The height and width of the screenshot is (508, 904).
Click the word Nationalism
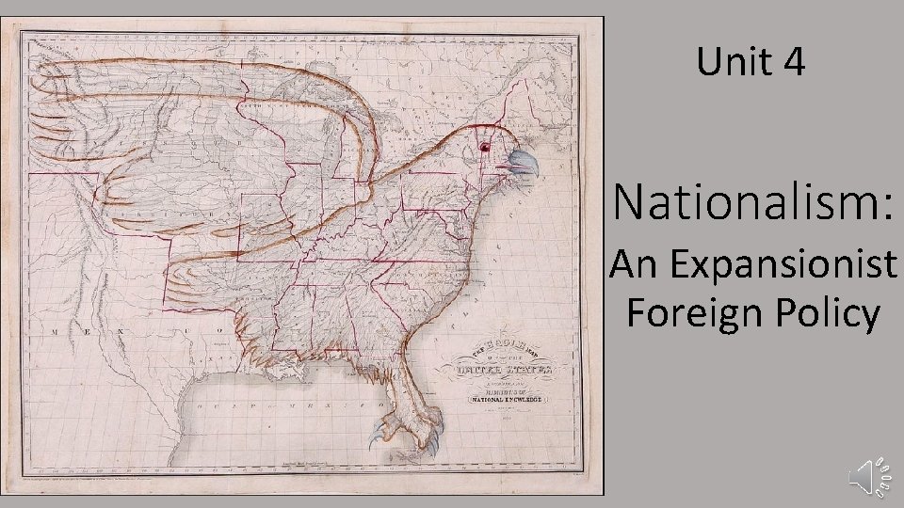tap(743, 200)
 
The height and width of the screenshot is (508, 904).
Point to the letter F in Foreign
tap(634, 312)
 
